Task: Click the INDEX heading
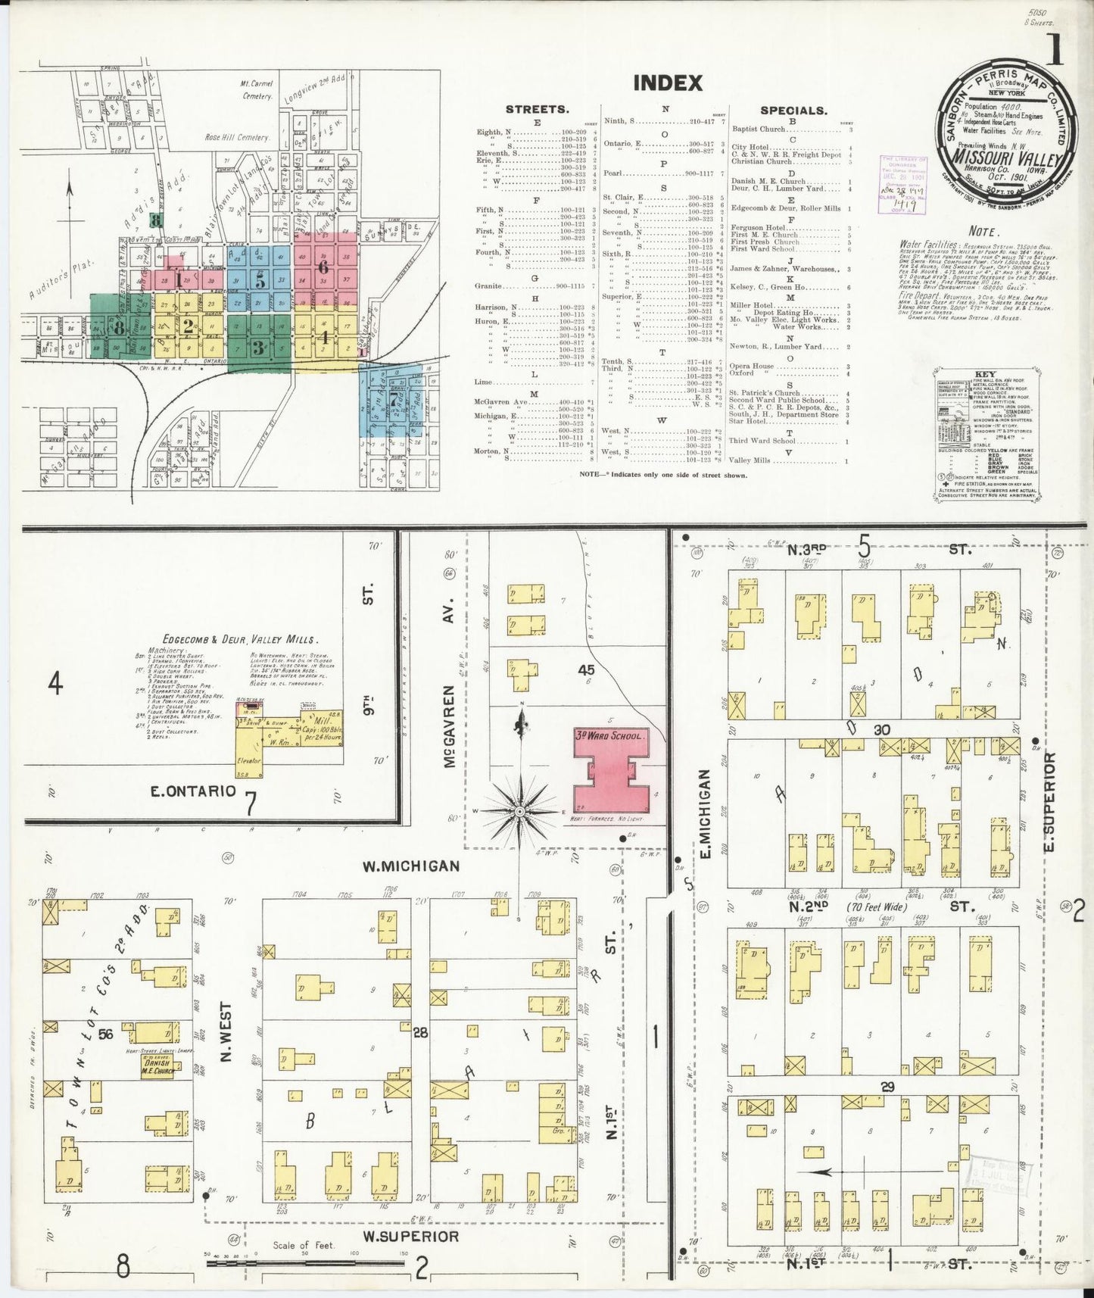point(668,83)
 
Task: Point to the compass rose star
point(520,812)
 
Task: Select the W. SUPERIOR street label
point(410,1236)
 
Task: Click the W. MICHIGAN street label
point(410,866)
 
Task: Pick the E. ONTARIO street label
point(193,791)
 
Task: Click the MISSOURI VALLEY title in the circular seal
point(1008,160)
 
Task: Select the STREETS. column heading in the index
point(537,110)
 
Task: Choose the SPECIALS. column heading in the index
point(793,111)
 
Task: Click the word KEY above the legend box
point(984,375)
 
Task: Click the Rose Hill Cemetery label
point(237,138)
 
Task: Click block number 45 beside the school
point(585,669)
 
